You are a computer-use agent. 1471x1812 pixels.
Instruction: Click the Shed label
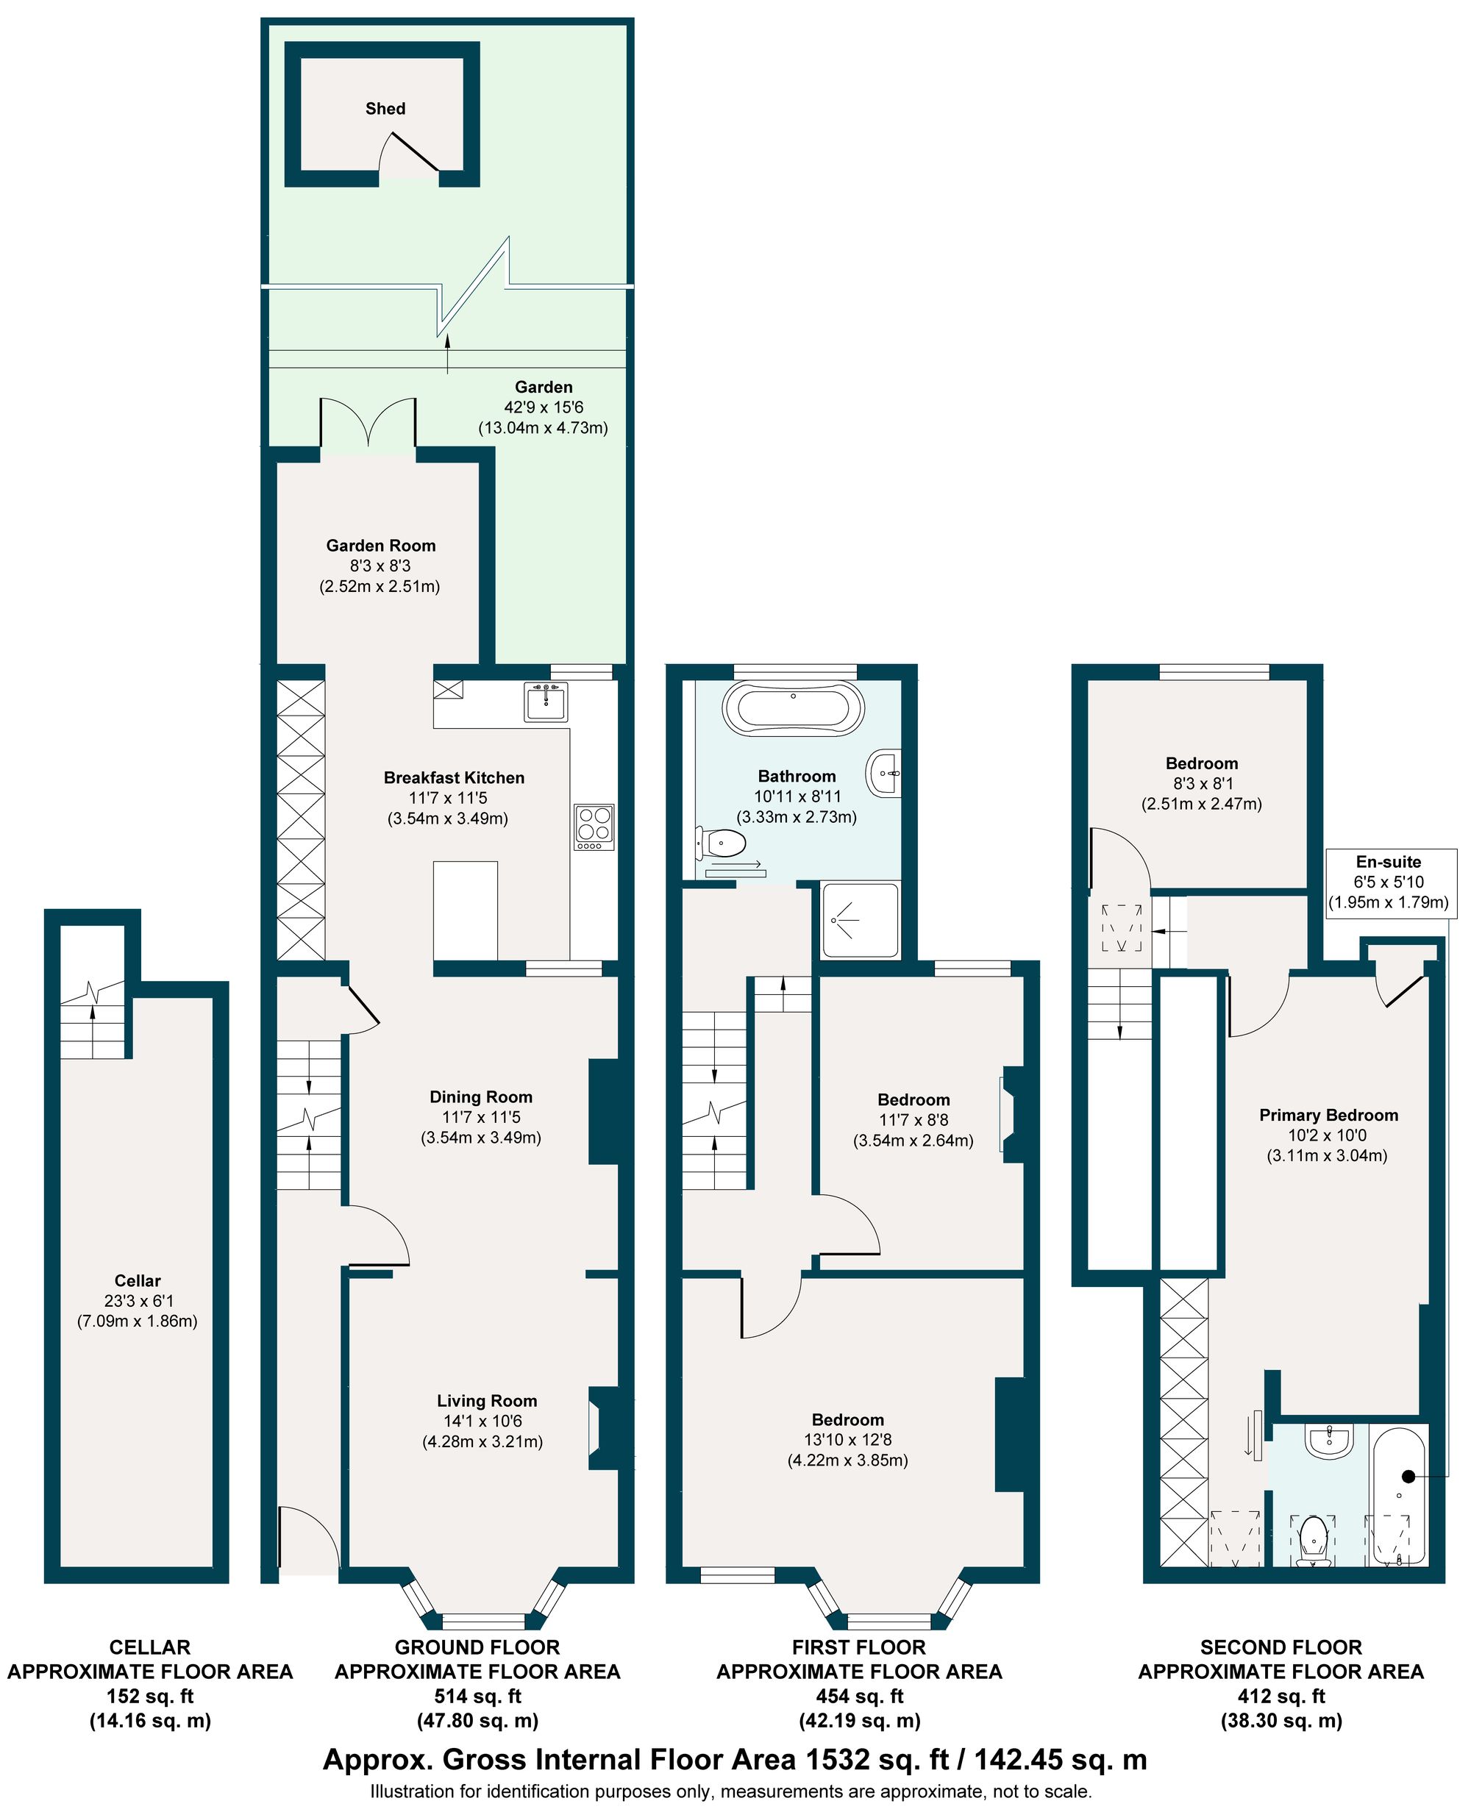click(385, 108)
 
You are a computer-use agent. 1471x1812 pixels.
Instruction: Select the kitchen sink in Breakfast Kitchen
click(545, 702)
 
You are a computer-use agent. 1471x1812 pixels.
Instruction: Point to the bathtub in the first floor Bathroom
click(792, 707)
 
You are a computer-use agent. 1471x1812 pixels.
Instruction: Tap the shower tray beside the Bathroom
click(859, 921)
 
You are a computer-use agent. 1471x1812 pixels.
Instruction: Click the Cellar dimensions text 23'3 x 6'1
click(138, 1301)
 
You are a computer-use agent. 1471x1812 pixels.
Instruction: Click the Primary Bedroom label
click(1328, 1116)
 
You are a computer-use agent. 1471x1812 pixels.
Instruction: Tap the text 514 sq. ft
click(477, 1697)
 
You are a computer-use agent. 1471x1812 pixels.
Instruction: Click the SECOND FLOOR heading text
click(1281, 1648)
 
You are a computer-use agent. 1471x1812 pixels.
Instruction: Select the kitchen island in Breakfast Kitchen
click(465, 910)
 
